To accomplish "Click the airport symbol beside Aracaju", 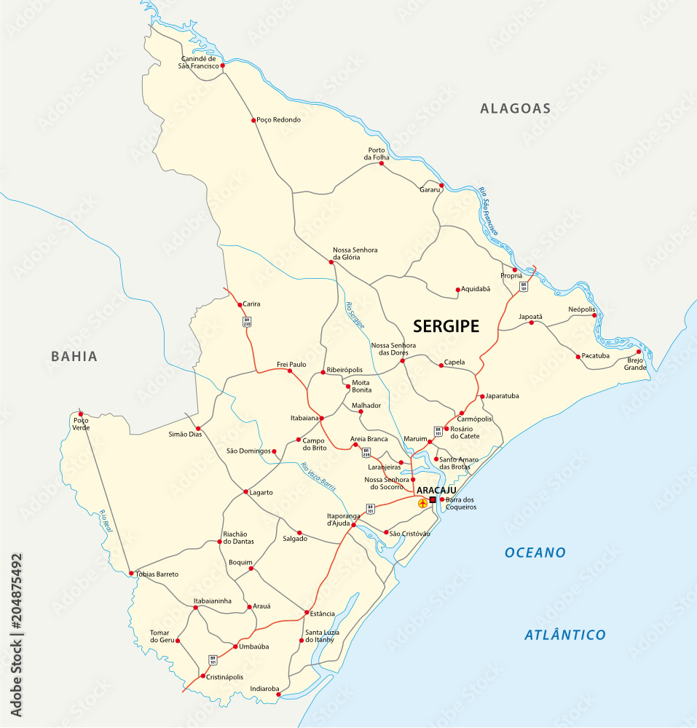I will [422, 503].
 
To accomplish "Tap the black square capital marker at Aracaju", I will [433, 500].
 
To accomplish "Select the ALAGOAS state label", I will [515, 108].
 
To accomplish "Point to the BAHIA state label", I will [74, 356].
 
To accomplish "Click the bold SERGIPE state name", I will [446, 326].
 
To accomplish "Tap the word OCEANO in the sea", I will [535, 553].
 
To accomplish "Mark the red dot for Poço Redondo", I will [253, 120].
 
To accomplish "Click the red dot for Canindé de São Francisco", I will [223, 65].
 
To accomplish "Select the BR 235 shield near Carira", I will [247, 322].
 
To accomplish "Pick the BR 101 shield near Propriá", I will [524, 287].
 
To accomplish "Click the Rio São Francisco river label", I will [489, 211].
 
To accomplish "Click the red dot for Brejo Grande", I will [639, 351].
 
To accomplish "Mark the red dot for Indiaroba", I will [278, 695].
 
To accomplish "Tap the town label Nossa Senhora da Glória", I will [355, 253].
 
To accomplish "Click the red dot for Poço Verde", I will [81, 414].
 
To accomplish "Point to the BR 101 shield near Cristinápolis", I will [213, 660].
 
